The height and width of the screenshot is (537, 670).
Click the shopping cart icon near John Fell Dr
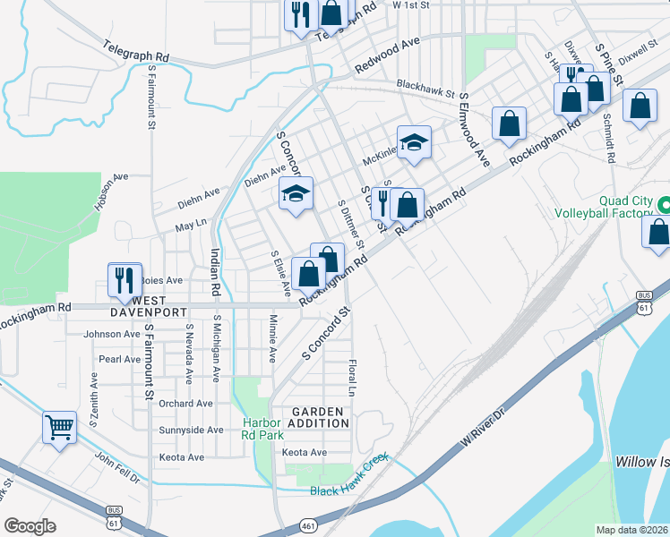pos(60,428)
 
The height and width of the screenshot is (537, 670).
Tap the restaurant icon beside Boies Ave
pos(125,279)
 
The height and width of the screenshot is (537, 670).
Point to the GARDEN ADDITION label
pos(318,417)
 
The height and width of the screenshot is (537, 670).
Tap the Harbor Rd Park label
pos(262,428)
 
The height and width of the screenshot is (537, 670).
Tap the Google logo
pos(30,526)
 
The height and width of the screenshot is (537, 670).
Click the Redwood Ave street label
pos(387,55)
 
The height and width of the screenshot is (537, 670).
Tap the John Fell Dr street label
pos(118,466)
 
